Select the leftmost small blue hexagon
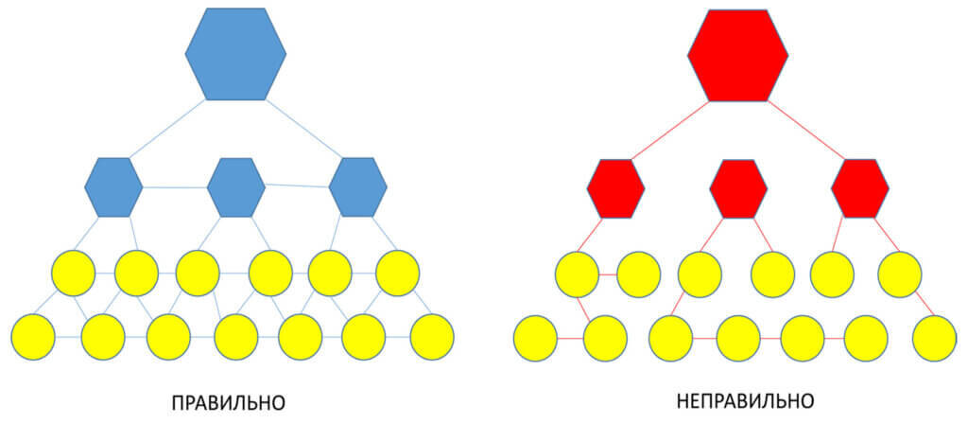113,186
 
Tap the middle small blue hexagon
235,186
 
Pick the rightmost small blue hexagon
357,186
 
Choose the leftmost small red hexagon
615,187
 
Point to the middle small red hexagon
737,187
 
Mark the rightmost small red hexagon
859,187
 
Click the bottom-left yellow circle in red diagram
535,338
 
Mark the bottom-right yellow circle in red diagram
935,338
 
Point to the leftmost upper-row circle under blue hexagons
73,273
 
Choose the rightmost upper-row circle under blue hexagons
397,273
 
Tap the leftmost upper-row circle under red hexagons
576,274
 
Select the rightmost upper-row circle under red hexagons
899,274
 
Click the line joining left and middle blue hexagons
175,185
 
